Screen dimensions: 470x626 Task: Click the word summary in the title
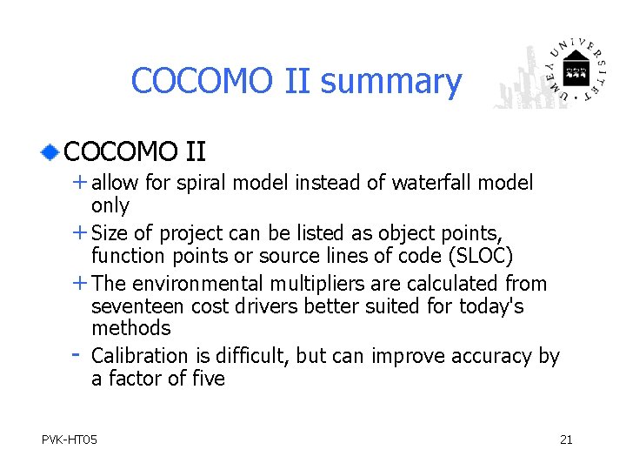(390, 82)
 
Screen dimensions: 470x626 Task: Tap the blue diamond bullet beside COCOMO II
(51, 152)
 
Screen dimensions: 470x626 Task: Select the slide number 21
(566, 440)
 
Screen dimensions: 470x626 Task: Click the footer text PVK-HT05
(70, 440)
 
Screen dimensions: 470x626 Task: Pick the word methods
(131, 328)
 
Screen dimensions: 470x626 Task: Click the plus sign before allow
(79, 183)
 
